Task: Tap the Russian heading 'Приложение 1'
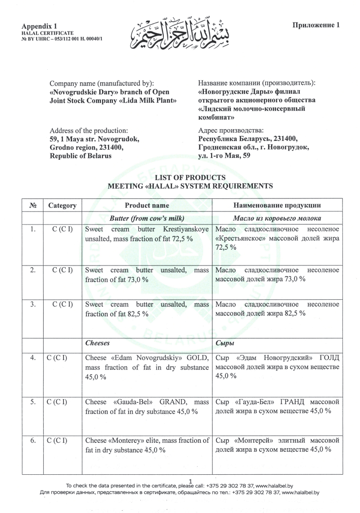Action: pos(316,25)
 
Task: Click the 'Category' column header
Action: pos(62,206)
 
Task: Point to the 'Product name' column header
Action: pos(147,205)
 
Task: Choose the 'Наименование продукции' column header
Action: pos(277,206)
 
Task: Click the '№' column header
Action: pos(32,206)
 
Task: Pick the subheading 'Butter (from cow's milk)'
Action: pos(147,219)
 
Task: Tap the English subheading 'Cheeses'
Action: pos(98,343)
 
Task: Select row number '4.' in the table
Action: pos(33,358)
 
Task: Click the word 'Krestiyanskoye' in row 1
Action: pos(189,229)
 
